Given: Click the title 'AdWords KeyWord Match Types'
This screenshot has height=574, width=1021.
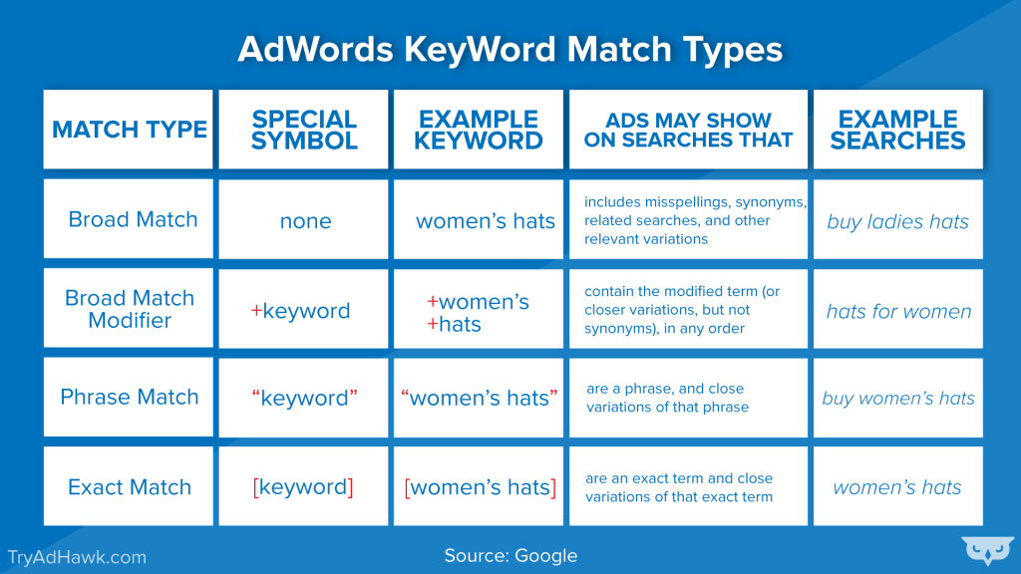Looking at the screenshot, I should click(510, 50).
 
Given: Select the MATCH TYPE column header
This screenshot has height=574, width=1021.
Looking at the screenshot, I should click(129, 130).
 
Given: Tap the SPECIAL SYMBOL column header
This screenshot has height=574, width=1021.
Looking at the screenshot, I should click(304, 130).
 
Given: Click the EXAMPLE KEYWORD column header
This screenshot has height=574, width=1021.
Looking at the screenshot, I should click(479, 130).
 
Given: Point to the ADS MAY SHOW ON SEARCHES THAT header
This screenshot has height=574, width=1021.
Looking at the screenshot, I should click(688, 130).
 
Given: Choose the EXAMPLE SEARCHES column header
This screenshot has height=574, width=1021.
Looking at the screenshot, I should click(897, 130).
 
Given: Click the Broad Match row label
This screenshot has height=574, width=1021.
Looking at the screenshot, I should click(133, 219).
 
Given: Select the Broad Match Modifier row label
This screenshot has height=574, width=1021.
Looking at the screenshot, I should click(130, 309).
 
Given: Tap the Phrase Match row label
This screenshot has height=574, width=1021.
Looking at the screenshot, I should click(130, 397).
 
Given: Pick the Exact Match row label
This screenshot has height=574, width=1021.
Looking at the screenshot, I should click(130, 487).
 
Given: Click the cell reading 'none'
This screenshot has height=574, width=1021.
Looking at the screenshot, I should click(305, 221).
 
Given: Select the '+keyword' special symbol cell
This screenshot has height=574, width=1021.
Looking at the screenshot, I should click(300, 311).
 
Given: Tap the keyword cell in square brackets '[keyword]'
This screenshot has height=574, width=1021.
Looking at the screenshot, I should click(303, 487).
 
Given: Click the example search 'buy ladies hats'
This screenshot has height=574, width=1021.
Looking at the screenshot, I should click(897, 221).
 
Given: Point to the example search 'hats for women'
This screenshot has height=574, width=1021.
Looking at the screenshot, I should click(898, 311).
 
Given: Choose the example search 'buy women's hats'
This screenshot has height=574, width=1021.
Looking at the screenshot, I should click(898, 399).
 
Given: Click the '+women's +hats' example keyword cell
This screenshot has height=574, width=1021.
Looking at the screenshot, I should click(479, 313).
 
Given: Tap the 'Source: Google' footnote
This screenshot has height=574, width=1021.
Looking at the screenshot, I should click(510, 555).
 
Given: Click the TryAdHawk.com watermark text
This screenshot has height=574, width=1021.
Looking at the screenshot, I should click(77, 557).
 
